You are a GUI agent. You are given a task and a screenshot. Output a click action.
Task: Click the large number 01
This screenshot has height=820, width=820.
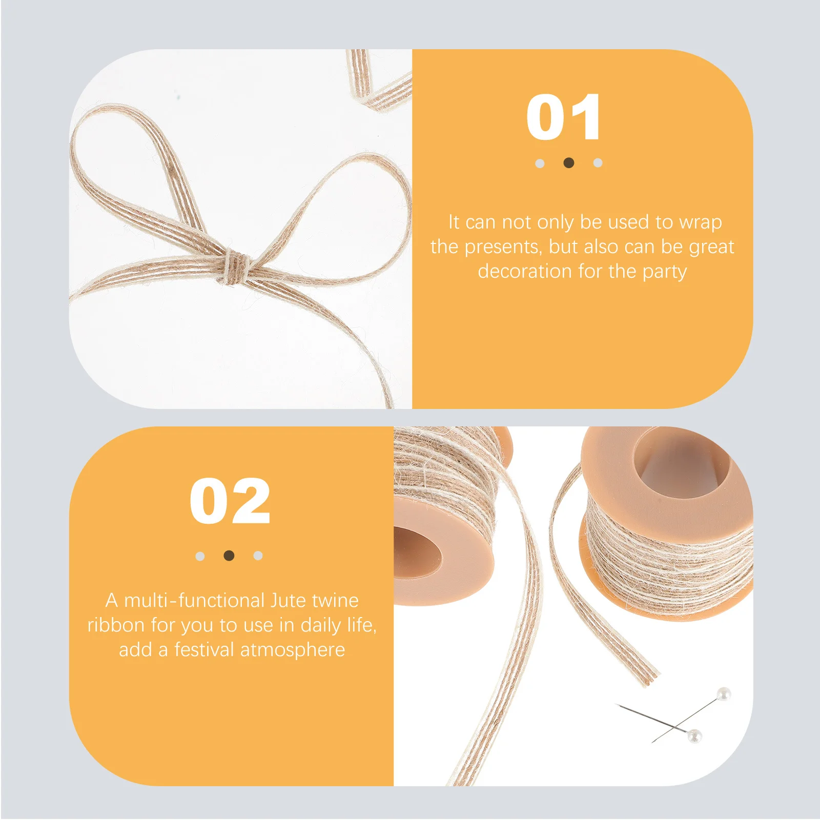563,117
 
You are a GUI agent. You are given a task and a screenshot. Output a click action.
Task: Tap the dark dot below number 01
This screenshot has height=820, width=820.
568,163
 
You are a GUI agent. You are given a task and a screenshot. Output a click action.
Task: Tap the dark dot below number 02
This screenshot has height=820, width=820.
229,556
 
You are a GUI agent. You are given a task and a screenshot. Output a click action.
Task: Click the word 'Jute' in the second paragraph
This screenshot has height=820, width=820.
289,601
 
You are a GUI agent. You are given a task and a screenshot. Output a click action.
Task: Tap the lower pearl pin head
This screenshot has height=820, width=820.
694,736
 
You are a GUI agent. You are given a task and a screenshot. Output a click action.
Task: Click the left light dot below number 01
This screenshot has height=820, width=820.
540,163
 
